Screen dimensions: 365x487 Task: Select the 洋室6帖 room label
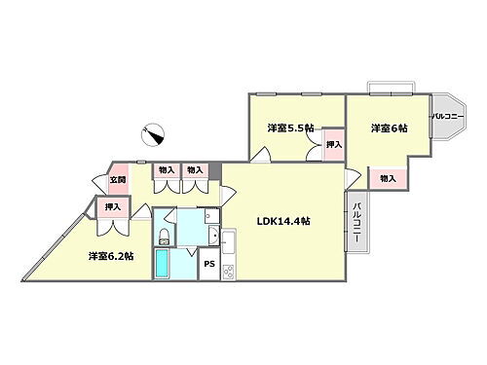(x=388, y=128)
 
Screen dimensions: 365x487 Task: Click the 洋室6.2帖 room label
(x=111, y=256)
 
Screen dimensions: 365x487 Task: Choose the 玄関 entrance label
(x=117, y=178)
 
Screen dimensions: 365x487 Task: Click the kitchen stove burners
(x=229, y=270)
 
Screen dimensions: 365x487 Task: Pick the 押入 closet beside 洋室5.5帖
(x=334, y=144)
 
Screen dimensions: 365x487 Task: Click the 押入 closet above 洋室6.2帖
(x=113, y=206)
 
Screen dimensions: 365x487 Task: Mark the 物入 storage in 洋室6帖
(x=388, y=179)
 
